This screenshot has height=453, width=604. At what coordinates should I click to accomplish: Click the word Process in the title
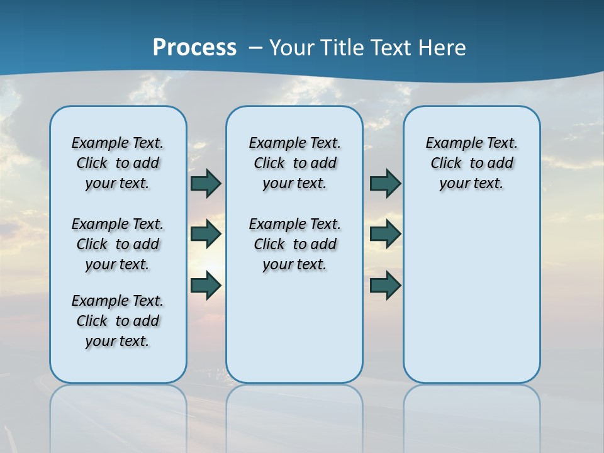point(194,48)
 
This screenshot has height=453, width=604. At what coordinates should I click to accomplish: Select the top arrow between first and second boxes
point(206,183)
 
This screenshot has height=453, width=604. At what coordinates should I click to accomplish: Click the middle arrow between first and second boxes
point(206,234)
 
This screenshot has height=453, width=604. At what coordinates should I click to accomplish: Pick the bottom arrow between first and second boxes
point(206,285)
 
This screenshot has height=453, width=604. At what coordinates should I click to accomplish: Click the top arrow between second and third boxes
point(385,183)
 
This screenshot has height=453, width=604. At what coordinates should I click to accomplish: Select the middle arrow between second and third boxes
point(385,234)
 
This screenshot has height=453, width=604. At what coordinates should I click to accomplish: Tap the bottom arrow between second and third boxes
point(385,285)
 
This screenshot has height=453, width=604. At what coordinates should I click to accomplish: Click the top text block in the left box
point(118,163)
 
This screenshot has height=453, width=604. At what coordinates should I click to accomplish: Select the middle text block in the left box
point(118,244)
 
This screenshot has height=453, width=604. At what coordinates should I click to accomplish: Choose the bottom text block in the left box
point(118,321)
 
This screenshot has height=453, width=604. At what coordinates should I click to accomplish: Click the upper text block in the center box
point(294,163)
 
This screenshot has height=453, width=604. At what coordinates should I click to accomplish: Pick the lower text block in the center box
point(294,244)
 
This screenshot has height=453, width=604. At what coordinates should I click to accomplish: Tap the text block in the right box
point(471,163)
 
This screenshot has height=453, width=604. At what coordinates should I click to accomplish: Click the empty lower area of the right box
point(471,296)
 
